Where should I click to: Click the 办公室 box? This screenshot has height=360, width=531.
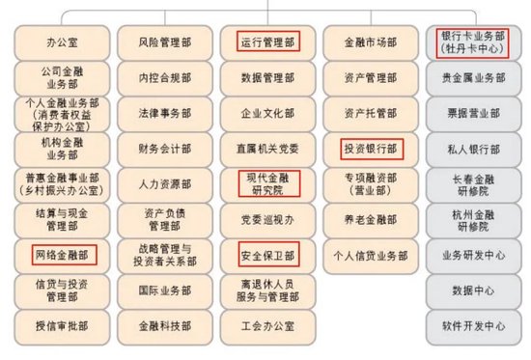tap(62, 43)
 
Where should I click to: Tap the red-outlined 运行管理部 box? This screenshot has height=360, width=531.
tap(267, 43)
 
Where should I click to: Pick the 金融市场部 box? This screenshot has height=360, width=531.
tap(371, 43)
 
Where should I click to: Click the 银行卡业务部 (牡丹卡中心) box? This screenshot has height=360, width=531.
tap(473, 43)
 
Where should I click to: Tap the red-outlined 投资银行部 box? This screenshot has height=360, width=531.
tap(371, 150)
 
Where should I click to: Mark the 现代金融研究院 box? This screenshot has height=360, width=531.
tap(267, 184)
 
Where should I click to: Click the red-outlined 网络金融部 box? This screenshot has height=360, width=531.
tap(62, 256)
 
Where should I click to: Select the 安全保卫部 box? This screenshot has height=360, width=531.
tap(267, 256)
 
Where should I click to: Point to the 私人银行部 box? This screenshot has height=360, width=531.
tap(473, 150)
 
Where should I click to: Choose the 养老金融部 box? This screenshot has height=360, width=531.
tap(371, 220)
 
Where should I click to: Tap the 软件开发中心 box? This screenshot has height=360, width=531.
tap(473, 325)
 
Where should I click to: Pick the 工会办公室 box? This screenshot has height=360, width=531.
tap(267, 325)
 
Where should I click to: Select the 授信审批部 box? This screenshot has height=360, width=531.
tap(62, 325)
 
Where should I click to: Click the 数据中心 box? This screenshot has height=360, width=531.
tap(473, 291)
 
